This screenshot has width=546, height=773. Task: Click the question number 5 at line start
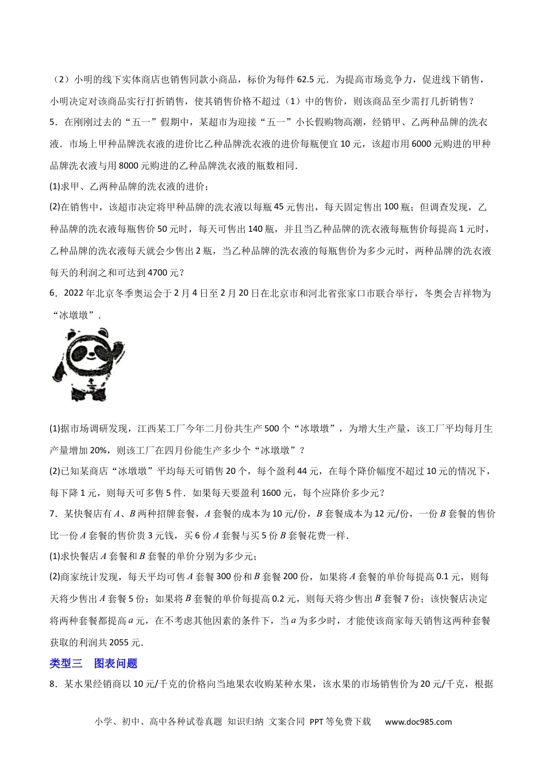tap(52, 122)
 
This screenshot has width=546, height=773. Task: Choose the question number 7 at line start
tap(52, 514)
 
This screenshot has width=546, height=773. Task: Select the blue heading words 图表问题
tap(116, 663)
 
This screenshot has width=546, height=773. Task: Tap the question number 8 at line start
tap(52, 684)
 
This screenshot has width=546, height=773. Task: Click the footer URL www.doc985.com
tap(418, 722)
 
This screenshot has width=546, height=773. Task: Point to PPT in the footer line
tap(317, 722)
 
